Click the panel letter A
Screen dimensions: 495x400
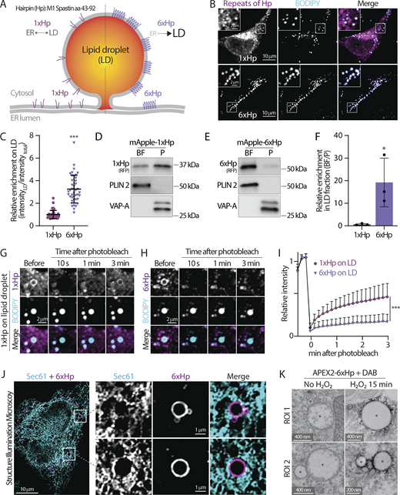coord(6,6)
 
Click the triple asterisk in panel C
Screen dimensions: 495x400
coord(75,189)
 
